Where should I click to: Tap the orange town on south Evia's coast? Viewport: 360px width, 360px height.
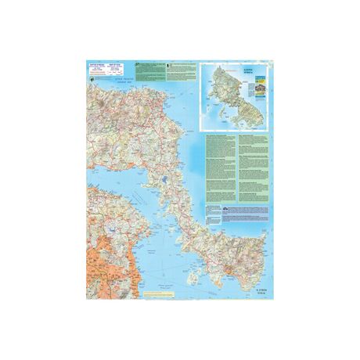227,269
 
